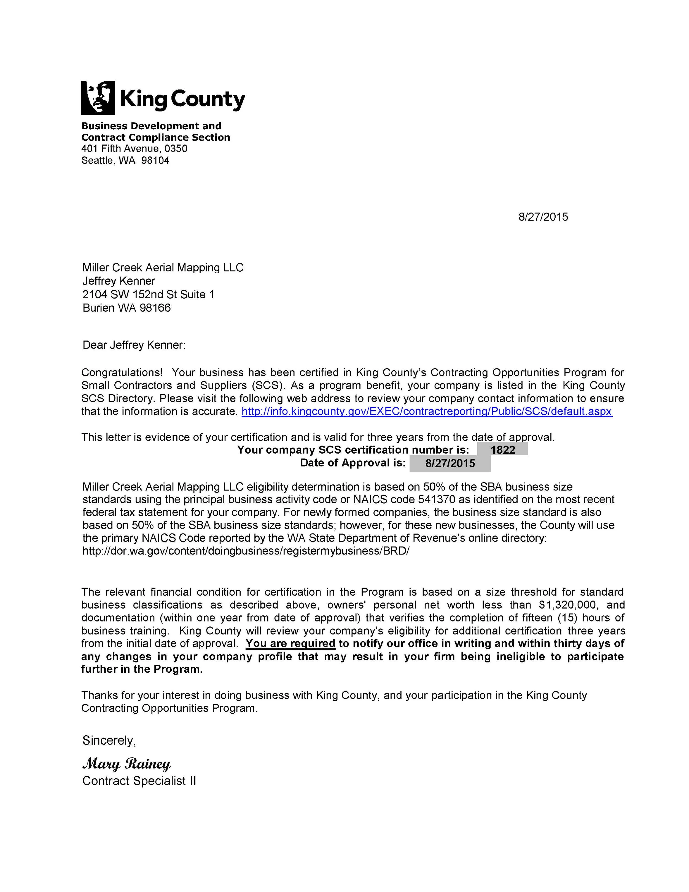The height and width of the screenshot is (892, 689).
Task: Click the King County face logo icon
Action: tap(98, 97)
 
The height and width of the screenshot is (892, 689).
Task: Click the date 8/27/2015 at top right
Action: tap(543, 217)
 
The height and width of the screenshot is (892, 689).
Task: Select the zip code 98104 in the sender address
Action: tap(155, 160)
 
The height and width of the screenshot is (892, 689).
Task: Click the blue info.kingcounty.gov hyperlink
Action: tap(427, 411)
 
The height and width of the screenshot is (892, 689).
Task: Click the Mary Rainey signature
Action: tap(127, 764)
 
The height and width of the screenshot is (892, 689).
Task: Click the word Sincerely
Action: tap(109, 740)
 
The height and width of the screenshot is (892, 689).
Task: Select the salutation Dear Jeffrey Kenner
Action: tap(134, 345)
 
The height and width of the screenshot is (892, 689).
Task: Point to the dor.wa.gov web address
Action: tap(246, 551)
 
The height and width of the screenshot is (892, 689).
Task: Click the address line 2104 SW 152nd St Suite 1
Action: tap(148, 294)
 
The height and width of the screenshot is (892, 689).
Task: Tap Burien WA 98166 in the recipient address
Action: tap(127, 308)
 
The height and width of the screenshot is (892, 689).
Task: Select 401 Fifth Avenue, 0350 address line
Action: tap(134, 149)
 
